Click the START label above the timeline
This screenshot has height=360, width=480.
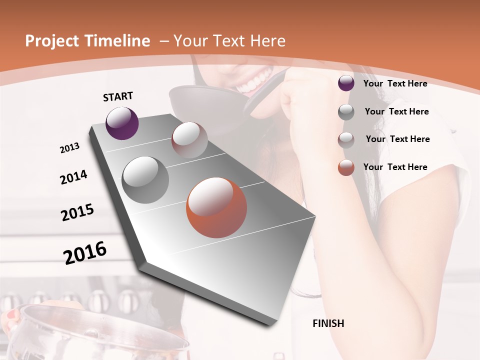pyautogui.click(x=118, y=96)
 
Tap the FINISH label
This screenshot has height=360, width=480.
pyautogui.click(x=328, y=323)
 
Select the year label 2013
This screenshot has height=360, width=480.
pyautogui.click(x=69, y=148)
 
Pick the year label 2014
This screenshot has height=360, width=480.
pyautogui.click(x=73, y=177)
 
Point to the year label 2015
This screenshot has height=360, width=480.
pyautogui.click(x=77, y=212)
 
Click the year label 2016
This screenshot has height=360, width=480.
pyautogui.click(x=85, y=252)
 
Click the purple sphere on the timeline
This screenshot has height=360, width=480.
pyautogui.click(x=122, y=123)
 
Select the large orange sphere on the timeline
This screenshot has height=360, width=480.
pyautogui.click(x=216, y=207)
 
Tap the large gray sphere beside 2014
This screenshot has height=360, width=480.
pyautogui.click(x=145, y=179)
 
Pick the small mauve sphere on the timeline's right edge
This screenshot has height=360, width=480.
pyautogui.click(x=189, y=140)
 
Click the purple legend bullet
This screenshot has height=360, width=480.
pyautogui.click(x=346, y=83)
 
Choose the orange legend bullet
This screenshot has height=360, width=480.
pyautogui.click(x=346, y=167)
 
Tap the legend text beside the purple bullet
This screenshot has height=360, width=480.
pyautogui.click(x=395, y=83)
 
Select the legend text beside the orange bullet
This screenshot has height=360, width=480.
pyautogui.click(x=395, y=167)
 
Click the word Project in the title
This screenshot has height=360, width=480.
pyautogui.click(x=52, y=41)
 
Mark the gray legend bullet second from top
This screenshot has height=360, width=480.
pyautogui.click(x=346, y=112)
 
